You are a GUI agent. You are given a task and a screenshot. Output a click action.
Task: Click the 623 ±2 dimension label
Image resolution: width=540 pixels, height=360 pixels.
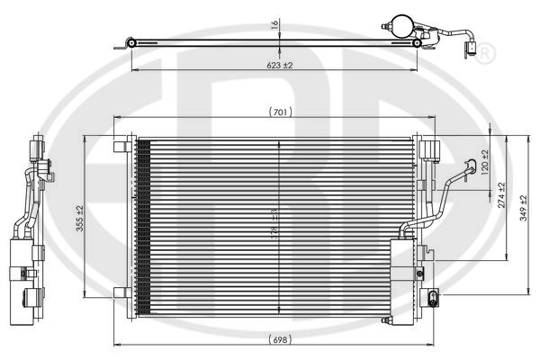pyautogui.click(x=278, y=65)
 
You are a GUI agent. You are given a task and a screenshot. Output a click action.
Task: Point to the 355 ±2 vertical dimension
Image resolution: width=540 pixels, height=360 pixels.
pyautogui.click(x=79, y=216)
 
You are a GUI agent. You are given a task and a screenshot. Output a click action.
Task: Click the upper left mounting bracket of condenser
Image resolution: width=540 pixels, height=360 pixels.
pyautogui.click(x=121, y=145)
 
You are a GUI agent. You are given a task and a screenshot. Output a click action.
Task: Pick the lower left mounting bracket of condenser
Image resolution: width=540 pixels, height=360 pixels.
pyautogui.click(x=121, y=292)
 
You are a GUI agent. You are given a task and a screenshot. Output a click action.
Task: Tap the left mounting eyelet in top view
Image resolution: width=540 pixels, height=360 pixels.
pyautogui.click(x=131, y=42)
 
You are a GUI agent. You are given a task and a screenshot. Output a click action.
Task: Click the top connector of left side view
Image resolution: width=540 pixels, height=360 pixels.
pyautogui.click(x=37, y=145)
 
